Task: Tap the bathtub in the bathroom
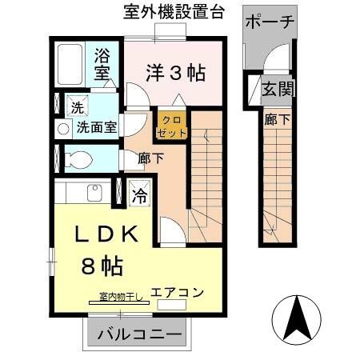point(70,65)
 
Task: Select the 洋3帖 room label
point(176,73)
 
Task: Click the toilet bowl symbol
point(78,160)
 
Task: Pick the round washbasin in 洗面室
point(63,130)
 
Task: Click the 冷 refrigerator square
point(140,194)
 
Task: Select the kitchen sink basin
point(94,193)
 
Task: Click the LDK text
point(106,234)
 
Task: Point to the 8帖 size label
point(102,266)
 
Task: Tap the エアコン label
point(178,293)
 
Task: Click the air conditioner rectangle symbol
point(171,305)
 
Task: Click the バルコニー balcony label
point(139,334)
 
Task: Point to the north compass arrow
point(297,318)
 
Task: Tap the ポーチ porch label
point(270,22)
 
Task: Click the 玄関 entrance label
point(278,89)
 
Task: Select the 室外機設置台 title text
point(174,11)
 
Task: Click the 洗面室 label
point(97,127)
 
